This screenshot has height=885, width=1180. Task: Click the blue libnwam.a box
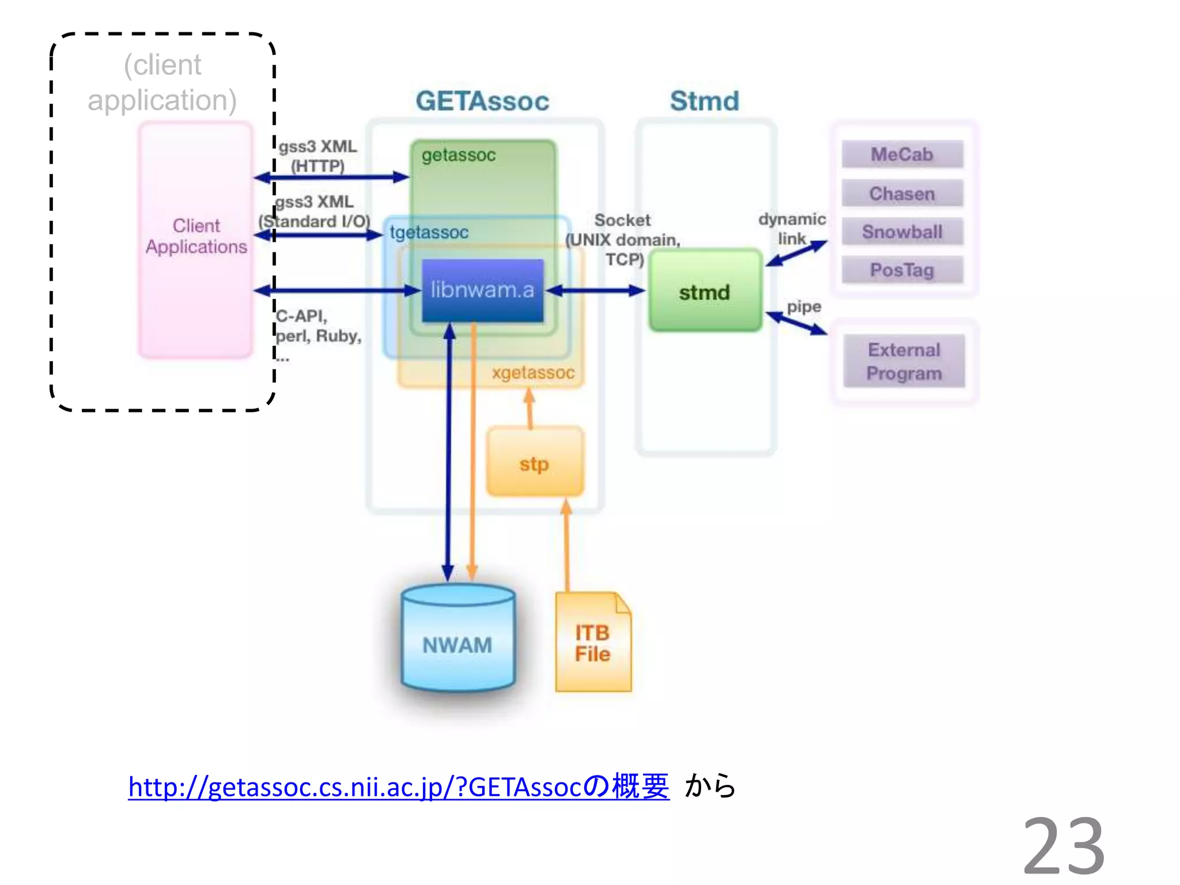tap(482, 290)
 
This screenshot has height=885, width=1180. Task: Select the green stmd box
tap(705, 291)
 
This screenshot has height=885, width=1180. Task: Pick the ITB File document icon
tap(592, 643)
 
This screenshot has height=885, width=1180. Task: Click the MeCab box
tap(902, 154)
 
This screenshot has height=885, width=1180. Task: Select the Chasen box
tap(902, 194)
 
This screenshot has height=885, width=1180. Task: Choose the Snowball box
tap(902, 232)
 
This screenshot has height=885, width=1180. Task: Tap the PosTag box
tap(902, 270)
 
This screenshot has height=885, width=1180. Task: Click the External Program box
tap(903, 361)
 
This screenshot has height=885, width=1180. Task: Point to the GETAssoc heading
tap(482, 101)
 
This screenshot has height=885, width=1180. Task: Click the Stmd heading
tap(704, 101)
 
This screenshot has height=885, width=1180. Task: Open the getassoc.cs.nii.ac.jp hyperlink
tap(398, 787)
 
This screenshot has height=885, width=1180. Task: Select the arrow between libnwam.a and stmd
tap(596, 290)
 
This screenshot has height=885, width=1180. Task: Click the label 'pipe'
tap(804, 307)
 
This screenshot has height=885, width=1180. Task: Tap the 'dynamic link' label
tap(792, 228)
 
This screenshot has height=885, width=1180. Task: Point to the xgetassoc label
tap(533, 372)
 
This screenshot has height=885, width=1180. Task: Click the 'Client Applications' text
tap(196, 236)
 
